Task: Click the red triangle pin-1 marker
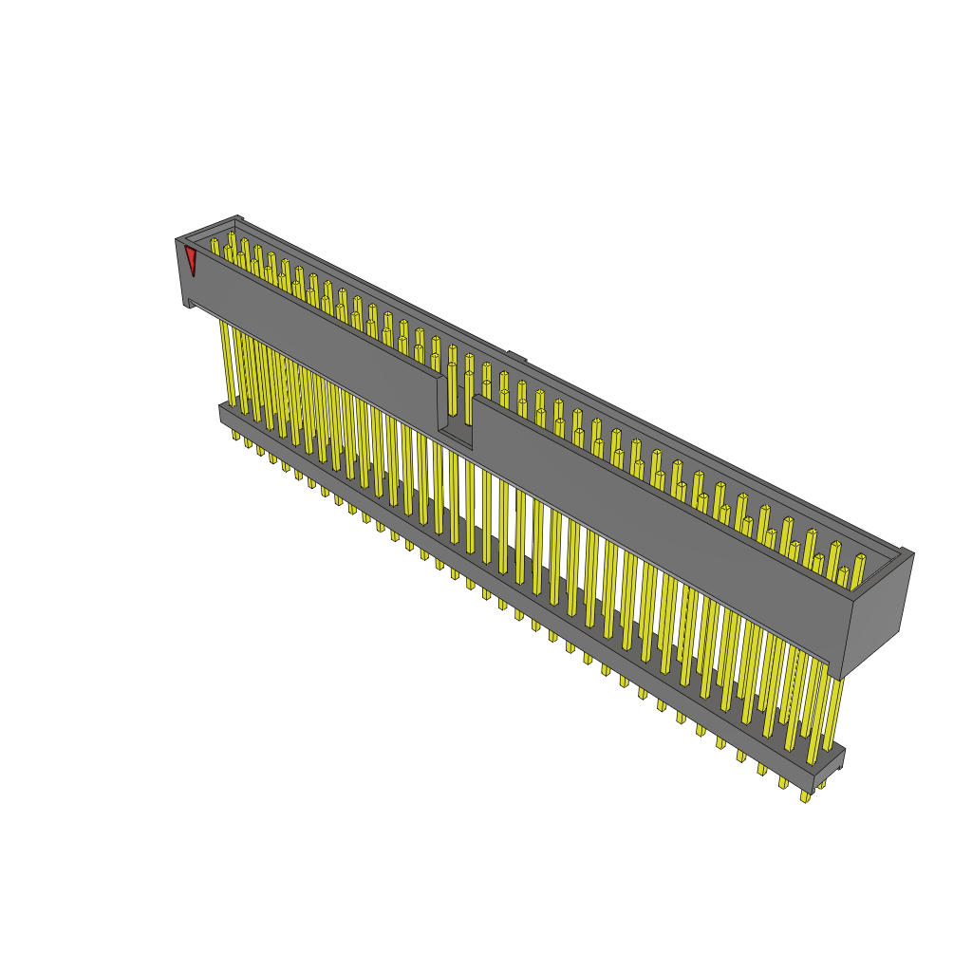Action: click(191, 258)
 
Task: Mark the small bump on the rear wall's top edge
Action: click(516, 357)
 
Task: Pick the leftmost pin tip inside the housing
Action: click(215, 246)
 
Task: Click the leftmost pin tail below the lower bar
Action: click(236, 435)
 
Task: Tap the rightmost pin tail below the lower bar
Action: click(805, 795)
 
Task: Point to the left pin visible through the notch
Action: click(452, 389)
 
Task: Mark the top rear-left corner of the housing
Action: click(237, 217)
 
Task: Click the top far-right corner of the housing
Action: click(913, 552)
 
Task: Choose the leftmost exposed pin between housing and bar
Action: click(228, 361)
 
